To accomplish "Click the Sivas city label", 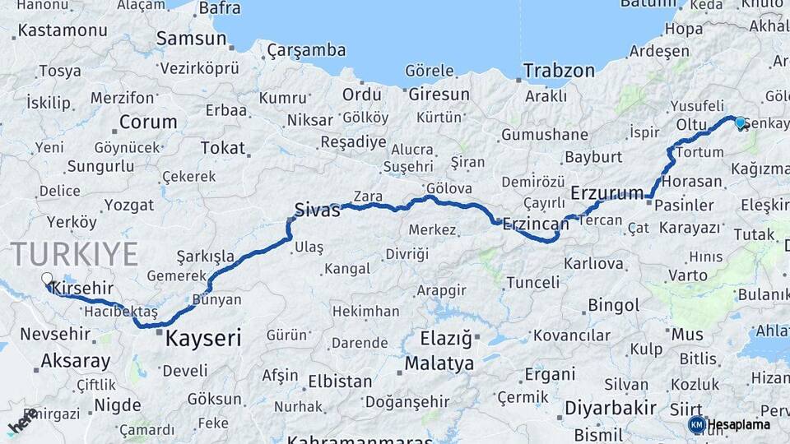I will pos(318,210).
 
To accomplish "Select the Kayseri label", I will pos(203,337).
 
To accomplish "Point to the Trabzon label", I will pos(559,71).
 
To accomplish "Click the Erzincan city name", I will pos(536,224).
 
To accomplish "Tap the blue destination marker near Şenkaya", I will pos(740,123).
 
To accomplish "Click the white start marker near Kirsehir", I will pos(47,280).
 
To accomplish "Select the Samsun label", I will pos(191,38).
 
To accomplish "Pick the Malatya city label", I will pos(439,363).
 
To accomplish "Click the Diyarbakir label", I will pos(610,408).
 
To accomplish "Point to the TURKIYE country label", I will pos(74,254).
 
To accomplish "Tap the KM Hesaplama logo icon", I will pos(696,424).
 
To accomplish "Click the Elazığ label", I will pos(445,338).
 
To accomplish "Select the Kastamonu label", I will pos(63,30).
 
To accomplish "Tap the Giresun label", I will pos(439,94).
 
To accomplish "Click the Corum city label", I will pos(148,123).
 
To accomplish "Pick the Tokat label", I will pos(223,148).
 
